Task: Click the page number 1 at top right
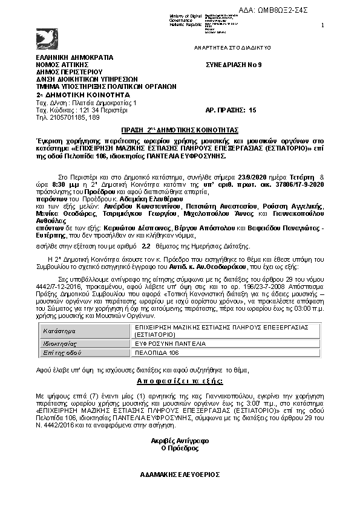pos(322,25)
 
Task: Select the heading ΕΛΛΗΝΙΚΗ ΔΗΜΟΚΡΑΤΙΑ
pos(74,57)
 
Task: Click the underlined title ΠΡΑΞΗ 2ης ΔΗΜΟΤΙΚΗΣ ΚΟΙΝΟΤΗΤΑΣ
pos(180,130)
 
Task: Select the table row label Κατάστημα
pos(59,331)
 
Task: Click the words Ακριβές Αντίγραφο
pos(180,441)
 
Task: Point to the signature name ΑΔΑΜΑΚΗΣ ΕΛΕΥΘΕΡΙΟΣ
pos(180,475)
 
